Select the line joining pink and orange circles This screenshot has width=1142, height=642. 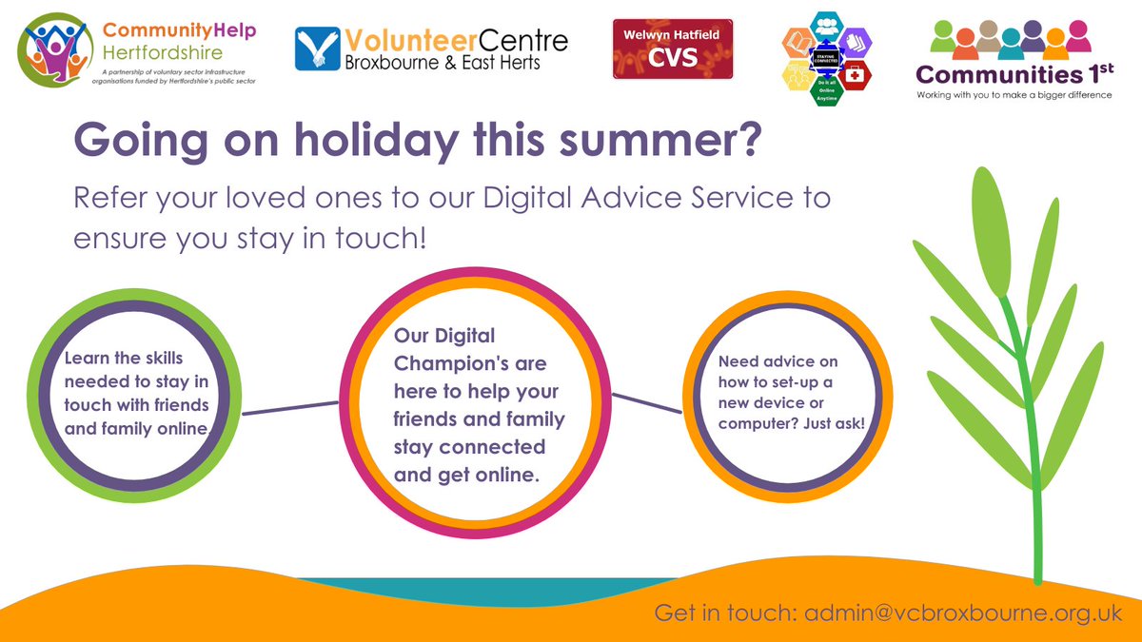[x=647, y=403]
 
